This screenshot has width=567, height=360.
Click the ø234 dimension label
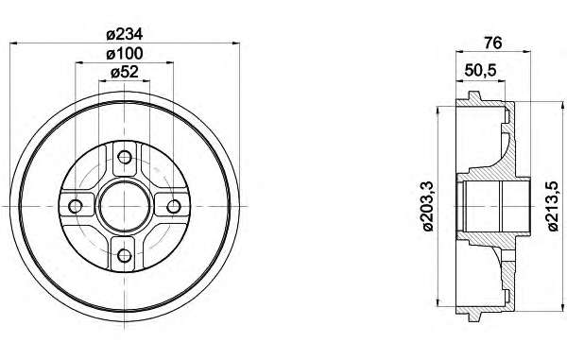tap(125, 34)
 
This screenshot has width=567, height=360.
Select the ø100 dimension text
tap(125, 54)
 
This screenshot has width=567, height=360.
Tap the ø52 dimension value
tap(125, 73)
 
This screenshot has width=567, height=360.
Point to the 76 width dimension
tap(493, 43)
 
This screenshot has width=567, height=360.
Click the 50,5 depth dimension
tap(480, 70)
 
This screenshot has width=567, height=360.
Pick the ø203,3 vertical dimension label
tap(428, 206)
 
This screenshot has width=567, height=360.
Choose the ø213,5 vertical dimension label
tap(553, 206)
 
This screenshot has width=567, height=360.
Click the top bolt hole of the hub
tap(125, 157)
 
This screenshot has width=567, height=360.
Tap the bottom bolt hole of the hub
tap(125, 255)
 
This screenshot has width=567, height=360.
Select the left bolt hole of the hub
tap(76, 206)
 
